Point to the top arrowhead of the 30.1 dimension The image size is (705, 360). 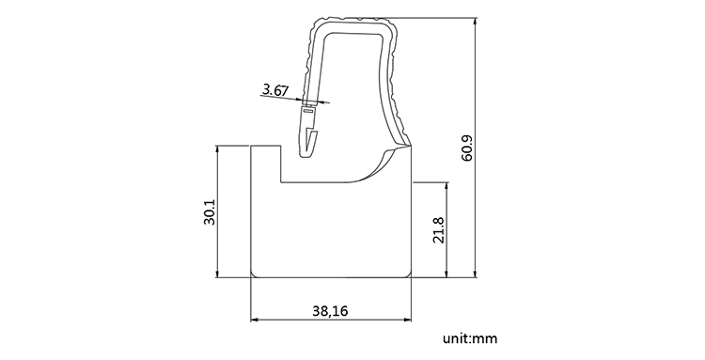[218, 149]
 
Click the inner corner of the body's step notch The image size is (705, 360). [283, 182]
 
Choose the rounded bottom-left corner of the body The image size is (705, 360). [254, 274]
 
